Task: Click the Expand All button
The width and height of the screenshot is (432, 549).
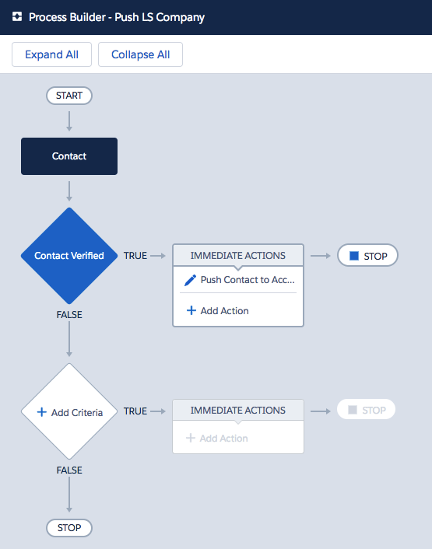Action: (51, 54)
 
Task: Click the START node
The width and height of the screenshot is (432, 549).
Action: (69, 96)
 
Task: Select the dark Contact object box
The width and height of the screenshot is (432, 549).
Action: (69, 156)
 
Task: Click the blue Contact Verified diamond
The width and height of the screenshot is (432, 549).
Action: (69, 256)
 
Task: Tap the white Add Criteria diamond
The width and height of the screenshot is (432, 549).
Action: (69, 411)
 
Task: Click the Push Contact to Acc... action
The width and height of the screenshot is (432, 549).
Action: (248, 280)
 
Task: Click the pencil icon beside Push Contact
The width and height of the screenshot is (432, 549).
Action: (190, 280)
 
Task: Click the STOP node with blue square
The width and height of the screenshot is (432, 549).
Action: (367, 256)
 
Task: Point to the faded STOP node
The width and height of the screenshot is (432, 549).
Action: (366, 409)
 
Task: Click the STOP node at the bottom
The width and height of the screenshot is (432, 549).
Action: (69, 528)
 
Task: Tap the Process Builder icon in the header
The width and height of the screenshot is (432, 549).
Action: (17, 16)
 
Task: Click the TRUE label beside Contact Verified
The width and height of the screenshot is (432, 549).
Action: (135, 256)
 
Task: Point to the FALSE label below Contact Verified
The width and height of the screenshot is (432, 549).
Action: (69, 315)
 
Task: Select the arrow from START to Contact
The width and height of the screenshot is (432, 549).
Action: (69, 121)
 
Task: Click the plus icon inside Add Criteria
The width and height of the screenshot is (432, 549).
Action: (42, 412)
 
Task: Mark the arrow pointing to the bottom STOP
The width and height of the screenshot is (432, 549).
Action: (69, 495)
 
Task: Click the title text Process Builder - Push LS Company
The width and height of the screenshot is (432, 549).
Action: (117, 17)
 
